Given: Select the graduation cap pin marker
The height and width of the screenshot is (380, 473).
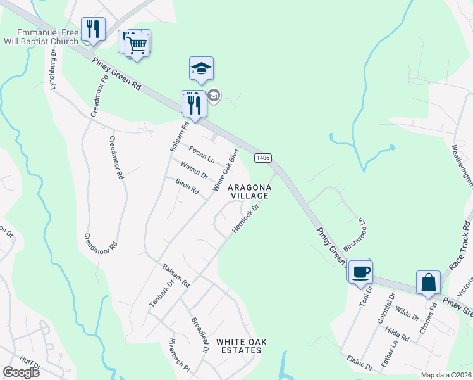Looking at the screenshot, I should tap(201, 69).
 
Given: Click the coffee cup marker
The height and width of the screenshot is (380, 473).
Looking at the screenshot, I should tap(360, 272).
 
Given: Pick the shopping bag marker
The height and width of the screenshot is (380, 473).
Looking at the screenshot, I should tap(429, 283).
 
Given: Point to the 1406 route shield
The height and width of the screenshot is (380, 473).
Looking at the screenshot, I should tap(263, 156).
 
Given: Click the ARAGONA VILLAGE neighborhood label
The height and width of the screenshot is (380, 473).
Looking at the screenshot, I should tap(249, 192).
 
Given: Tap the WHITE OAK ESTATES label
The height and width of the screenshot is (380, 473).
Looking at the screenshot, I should tap(241, 346).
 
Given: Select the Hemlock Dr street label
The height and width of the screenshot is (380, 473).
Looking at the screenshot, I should tap(246, 217).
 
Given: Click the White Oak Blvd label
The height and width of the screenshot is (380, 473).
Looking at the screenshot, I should tap(226, 170).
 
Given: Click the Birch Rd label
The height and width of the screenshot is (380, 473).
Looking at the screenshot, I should tap(187, 187).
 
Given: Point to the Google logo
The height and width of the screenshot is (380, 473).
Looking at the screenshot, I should tap(21, 372).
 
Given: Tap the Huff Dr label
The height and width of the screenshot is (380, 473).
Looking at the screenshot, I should tap(29, 364).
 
